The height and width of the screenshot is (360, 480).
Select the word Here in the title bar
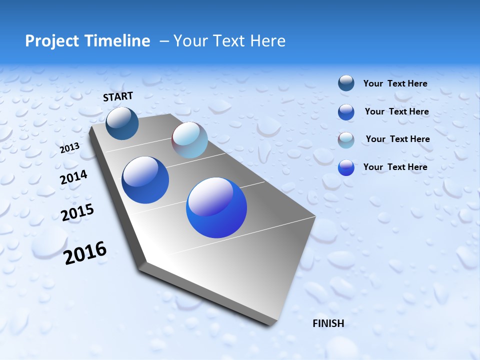pyautogui.click(x=267, y=41)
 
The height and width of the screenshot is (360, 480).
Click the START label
pyautogui.click(x=118, y=96)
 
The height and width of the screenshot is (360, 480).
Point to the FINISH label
pyautogui.click(x=328, y=323)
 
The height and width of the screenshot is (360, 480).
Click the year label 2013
pyautogui.click(x=69, y=148)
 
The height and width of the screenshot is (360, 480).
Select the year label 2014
pyautogui.click(x=73, y=177)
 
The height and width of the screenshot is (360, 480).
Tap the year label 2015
pyautogui.click(x=77, y=213)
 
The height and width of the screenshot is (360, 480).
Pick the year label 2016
pyautogui.click(x=85, y=253)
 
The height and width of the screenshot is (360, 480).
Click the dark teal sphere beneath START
pyautogui.click(x=122, y=123)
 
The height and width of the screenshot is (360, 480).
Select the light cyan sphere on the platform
pyautogui.click(x=189, y=140)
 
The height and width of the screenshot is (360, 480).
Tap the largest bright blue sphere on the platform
pyautogui.click(x=216, y=207)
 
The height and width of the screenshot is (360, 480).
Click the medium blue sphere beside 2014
pyautogui.click(x=145, y=180)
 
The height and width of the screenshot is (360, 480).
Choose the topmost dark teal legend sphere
pyautogui.click(x=346, y=83)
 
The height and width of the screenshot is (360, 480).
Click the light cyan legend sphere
pyautogui.click(x=346, y=139)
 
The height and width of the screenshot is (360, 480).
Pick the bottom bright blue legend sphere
pyautogui.click(x=346, y=167)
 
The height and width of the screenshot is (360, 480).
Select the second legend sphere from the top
pyautogui.click(x=346, y=111)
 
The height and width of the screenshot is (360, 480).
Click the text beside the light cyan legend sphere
pyautogui.click(x=397, y=139)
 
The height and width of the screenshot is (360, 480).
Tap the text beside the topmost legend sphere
pyautogui.click(x=395, y=83)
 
